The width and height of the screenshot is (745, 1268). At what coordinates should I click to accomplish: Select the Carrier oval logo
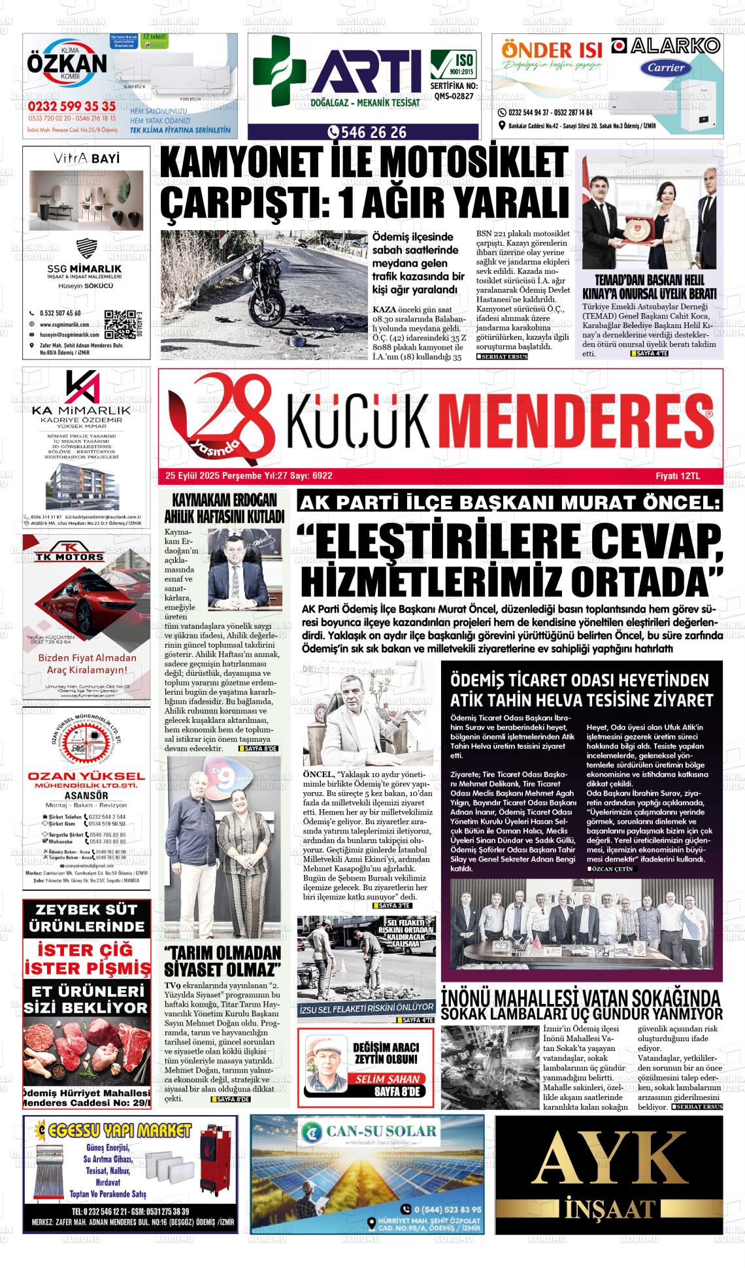click(x=666, y=67)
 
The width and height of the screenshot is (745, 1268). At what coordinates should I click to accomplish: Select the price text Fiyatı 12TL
click(x=678, y=476)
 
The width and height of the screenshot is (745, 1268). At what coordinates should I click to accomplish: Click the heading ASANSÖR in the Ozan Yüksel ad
click(x=86, y=795)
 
